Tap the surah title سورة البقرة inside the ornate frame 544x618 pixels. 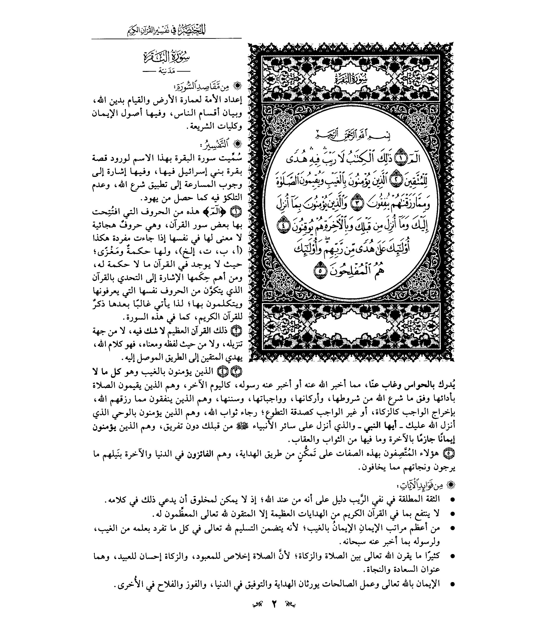(351, 80)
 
